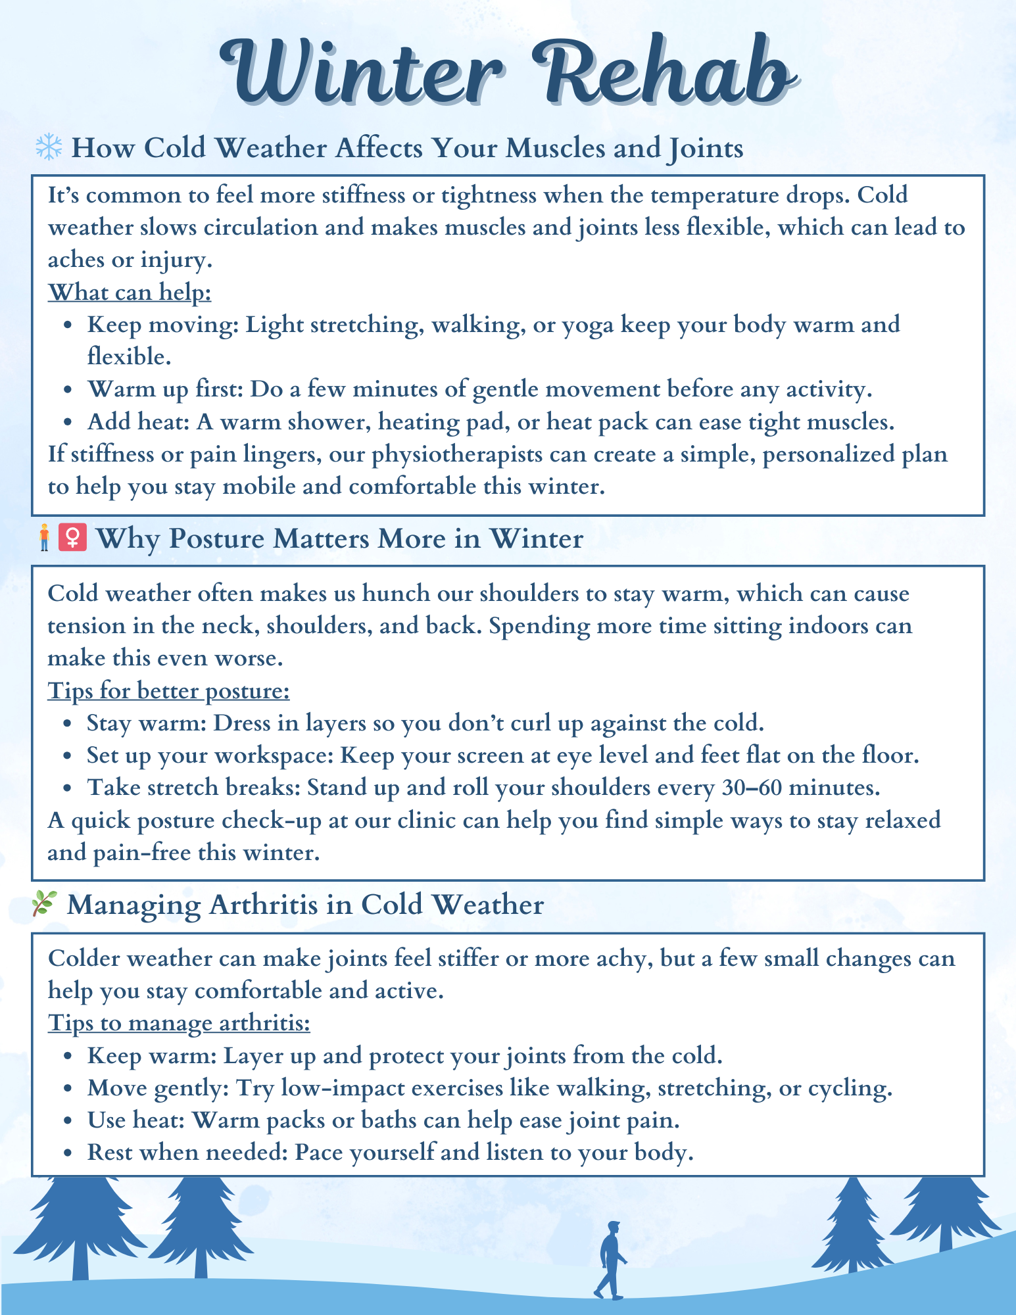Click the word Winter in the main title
point(362,72)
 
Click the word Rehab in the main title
point(664,72)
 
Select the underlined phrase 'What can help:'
point(130,292)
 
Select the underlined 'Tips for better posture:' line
point(168,690)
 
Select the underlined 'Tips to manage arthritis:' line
point(179,1023)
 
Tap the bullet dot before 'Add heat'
point(68,423)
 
